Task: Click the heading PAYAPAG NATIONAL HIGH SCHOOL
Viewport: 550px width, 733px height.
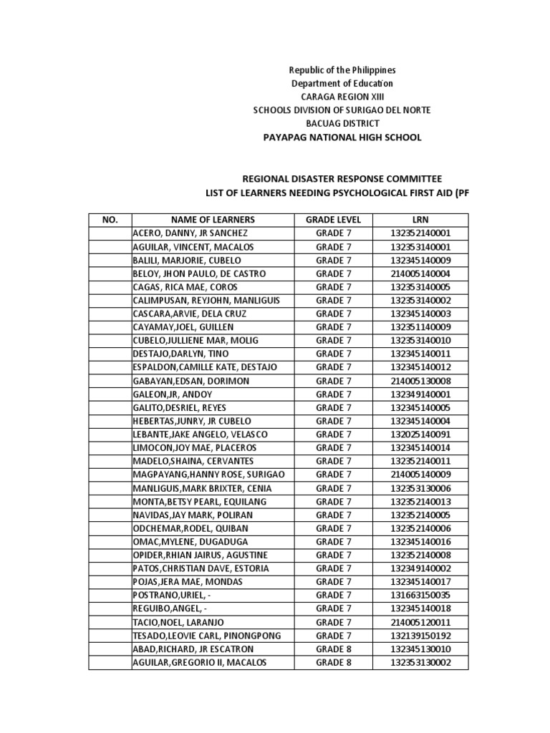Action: click(x=342, y=137)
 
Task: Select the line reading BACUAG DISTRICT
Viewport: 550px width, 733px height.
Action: click(x=342, y=123)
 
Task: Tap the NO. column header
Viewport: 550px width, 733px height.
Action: click(x=110, y=220)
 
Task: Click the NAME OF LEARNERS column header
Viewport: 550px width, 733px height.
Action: click(x=213, y=220)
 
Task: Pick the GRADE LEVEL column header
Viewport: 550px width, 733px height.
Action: click(x=334, y=220)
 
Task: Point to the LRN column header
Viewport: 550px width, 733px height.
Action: click(x=420, y=220)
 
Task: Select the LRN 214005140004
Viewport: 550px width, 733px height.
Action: click(x=420, y=273)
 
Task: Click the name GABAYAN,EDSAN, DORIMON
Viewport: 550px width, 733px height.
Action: click(x=191, y=381)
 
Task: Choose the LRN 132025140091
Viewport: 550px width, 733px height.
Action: click(x=420, y=435)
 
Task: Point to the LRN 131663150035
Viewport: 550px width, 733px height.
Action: click(x=420, y=596)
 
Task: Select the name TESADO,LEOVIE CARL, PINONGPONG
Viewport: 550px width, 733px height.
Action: click(x=207, y=636)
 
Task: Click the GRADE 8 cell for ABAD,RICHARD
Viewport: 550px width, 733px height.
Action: click(x=334, y=649)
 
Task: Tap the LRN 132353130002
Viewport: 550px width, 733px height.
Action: click(x=420, y=663)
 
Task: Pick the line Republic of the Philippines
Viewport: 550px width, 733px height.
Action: click(x=342, y=70)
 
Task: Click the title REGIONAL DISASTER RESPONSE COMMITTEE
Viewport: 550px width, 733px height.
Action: click(x=342, y=179)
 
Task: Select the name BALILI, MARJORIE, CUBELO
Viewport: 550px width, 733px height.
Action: click(x=187, y=261)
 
